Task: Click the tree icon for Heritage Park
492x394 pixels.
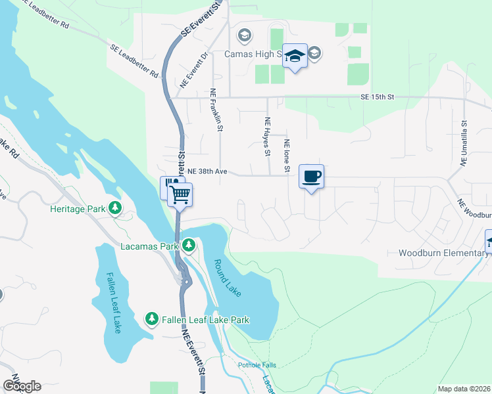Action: [116, 209]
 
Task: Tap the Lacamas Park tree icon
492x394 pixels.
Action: [189, 246]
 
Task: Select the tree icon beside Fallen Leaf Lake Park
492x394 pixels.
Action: [152, 319]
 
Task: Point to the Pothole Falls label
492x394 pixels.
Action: [258, 365]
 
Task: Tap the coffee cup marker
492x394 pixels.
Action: [311, 176]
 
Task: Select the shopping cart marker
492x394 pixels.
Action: [180, 194]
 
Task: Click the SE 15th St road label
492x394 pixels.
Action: [376, 97]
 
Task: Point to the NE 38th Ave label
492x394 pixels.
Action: [207, 171]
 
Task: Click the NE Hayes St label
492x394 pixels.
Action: [268, 137]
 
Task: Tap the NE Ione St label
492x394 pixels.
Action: [287, 156]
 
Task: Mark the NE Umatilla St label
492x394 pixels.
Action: [463, 142]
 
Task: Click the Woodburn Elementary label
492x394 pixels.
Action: [441, 253]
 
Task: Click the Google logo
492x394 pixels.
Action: [22, 386]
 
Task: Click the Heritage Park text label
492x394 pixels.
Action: [78, 209]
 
